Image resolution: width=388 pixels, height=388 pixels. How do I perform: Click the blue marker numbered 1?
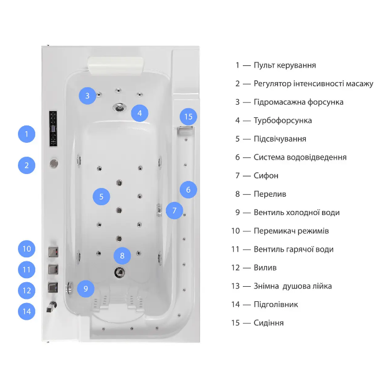pos(27,135)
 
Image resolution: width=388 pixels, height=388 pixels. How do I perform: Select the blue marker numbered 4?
pos(139,113)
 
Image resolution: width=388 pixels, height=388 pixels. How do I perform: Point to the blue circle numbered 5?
pos(101,197)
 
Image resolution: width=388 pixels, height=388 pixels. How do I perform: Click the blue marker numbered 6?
pos(189,189)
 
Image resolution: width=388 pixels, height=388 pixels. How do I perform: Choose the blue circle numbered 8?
pos(122,255)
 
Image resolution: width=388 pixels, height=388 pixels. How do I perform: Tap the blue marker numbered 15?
pos(188,116)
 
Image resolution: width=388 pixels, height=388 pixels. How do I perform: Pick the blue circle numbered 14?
pos(27,311)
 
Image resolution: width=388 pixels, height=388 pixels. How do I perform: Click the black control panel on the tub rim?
pos(54,127)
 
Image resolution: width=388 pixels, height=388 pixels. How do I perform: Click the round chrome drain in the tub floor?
pos(120,272)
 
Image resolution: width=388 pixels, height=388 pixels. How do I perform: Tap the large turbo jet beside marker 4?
pos(120,107)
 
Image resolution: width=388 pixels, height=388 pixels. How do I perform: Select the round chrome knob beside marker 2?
pos(54,164)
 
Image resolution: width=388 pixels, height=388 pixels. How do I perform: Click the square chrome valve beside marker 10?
pos(51,252)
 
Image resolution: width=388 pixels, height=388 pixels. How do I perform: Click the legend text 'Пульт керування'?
pos(284,65)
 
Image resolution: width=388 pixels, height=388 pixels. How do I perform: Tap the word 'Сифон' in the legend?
pos(266,175)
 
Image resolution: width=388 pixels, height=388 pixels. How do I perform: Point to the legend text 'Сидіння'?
pos(268,323)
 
